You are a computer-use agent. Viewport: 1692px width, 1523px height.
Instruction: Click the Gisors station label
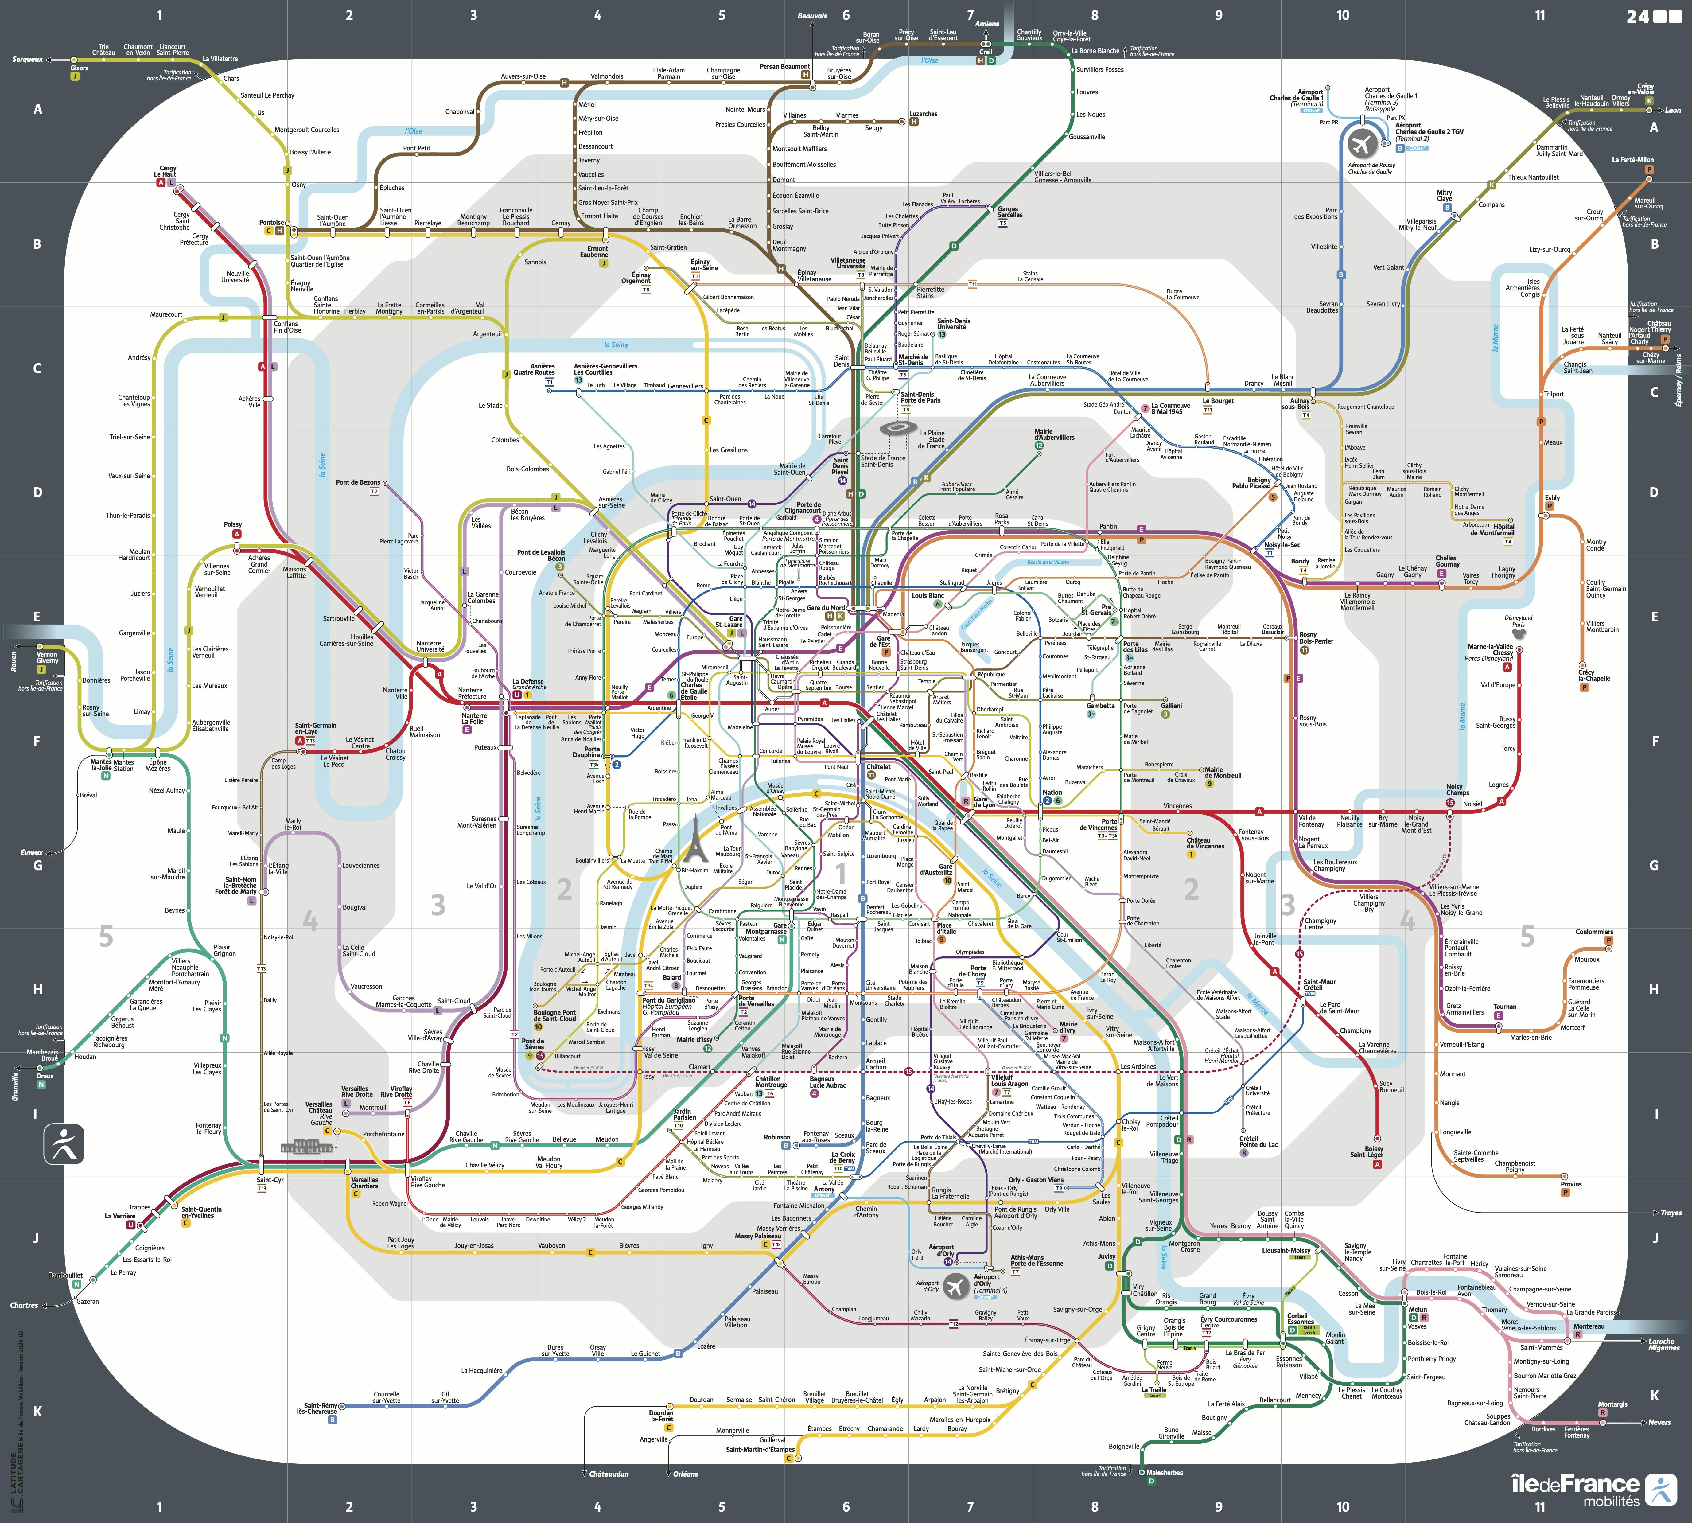click(80, 68)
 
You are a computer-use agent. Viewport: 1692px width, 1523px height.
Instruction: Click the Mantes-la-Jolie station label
click(101, 765)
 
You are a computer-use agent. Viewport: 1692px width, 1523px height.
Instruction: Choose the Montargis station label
click(1612, 1404)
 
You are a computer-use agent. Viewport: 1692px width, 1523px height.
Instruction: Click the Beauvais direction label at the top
click(812, 16)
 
